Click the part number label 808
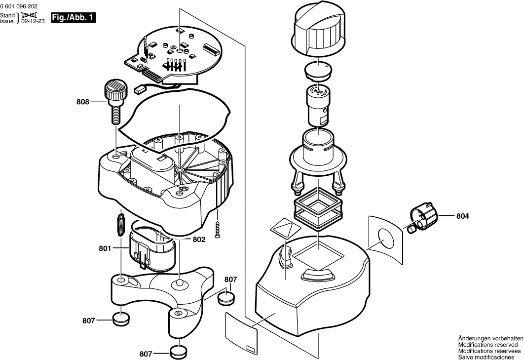pyautogui.click(x=83, y=102)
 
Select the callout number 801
pyautogui.click(x=105, y=249)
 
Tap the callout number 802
pyautogui.click(x=199, y=240)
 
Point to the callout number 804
pyautogui.click(x=462, y=216)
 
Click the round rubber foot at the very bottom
pyautogui.click(x=179, y=352)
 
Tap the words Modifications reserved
pyautogui.click(x=488, y=344)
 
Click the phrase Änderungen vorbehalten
pyautogui.click(x=490, y=338)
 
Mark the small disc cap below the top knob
pyautogui.click(x=317, y=71)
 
